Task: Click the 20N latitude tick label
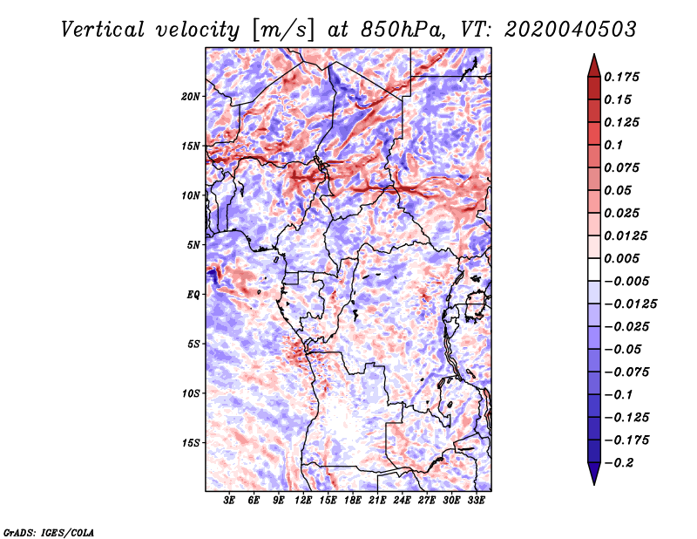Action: click(190, 96)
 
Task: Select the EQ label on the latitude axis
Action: click(193, 295)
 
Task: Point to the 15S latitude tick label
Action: click(191, 443)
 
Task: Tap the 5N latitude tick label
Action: click(193, 245)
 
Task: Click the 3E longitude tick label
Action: click(229, 500)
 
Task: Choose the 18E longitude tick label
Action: click(353, 500)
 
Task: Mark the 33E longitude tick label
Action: click(476, 500)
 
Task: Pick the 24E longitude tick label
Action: click(402, 500)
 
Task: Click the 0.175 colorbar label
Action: click(621, 77)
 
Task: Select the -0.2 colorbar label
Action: click(619, 463)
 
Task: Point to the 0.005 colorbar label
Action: click(621, 258)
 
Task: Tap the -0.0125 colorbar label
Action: click(630, 304)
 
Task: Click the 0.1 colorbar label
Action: click(613, 145)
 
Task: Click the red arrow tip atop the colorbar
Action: click(594, 55)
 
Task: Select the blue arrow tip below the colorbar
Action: click(594, 484)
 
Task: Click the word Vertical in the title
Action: click(103, 30)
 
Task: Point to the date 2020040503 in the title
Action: click(571, 30)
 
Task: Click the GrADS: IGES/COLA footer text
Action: click(49, 532)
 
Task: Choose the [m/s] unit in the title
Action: click(283, 31)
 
